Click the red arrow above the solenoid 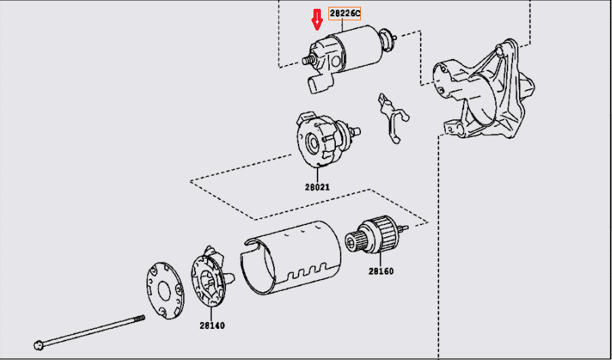(x=318, y=20)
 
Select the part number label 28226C (x=345, y=14)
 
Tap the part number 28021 (x=318, y=187)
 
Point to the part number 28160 (x=381, y=271)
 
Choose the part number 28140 (x=212, y=325)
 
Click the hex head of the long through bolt (x=38, y=344)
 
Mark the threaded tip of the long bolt (x=140, y=319)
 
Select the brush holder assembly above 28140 (x=212, y=278)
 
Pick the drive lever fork (x=392, y=118)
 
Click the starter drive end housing (x=484, y=89)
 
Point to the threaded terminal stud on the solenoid (x=308, y=60)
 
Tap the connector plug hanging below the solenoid (x=320, y=84)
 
